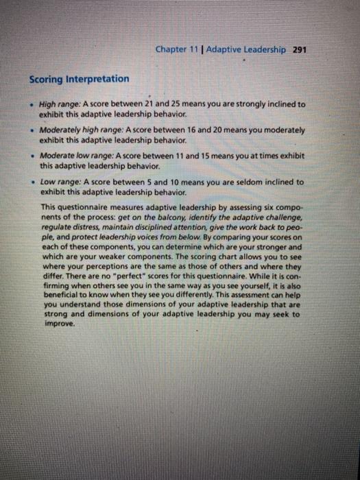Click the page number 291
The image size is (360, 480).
(x=300, y=49)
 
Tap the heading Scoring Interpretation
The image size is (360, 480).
(x=80, y=79)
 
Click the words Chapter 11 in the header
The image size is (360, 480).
(x=176, y=49)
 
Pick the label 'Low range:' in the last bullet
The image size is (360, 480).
(x=60, y=182)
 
